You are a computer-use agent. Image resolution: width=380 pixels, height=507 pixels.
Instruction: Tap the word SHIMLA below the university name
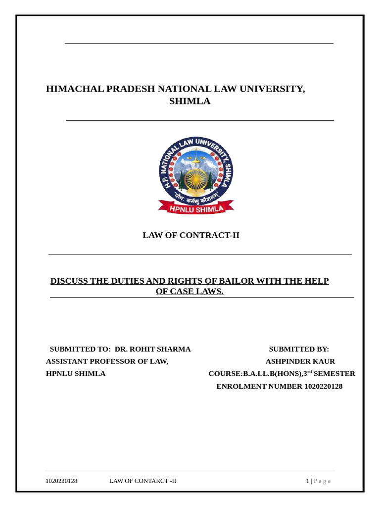(x=190, y=101)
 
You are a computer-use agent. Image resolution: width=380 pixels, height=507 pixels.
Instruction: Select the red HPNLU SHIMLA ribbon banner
(x=196, y=209)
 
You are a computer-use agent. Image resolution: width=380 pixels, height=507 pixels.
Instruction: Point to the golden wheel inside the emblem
(x=196, y=177)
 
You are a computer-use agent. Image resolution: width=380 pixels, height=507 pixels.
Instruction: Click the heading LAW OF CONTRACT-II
(x=190, y=235)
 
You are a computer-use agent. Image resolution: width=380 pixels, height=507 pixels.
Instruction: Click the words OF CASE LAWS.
(x=190, y=292)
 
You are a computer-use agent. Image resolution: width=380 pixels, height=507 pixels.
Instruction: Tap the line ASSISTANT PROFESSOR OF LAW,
(x=107, y=361)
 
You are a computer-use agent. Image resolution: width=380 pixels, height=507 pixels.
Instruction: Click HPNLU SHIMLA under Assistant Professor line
(x=76, y=374)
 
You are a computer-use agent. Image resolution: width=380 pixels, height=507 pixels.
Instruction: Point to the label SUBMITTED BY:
(x=299, y=349)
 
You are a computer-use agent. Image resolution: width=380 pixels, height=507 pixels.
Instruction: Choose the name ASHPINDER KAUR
(x=300, y=361)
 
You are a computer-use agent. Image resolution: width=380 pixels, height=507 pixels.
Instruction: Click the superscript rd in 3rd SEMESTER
(x=309, y=371)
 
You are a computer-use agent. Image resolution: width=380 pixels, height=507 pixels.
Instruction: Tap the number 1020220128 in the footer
(x=61, y=481)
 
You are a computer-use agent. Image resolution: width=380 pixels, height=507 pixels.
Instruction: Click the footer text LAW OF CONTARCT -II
(x=142, y=481)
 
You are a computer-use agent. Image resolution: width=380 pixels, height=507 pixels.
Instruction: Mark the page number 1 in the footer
(x=307, y=481)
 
